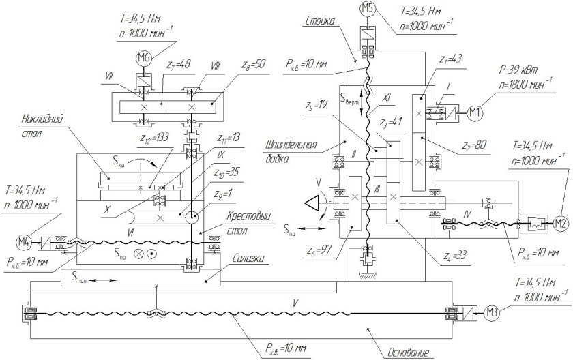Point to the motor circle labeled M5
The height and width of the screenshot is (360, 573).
click(368, 9)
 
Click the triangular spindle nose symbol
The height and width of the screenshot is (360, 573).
click(314, 202)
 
